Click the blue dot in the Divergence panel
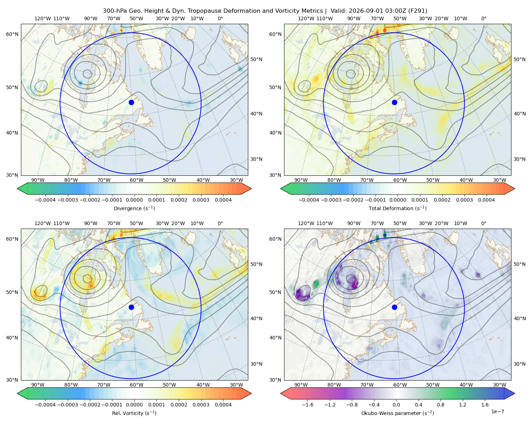click(x=131, y=102)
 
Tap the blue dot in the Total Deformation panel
click(x=394, y=102)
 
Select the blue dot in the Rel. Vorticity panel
click(x=131, y=307)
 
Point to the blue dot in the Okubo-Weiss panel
click(x=394, y=307)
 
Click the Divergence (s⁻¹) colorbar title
click(x=134, y=208)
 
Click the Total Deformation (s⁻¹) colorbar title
click(x=398, y=208)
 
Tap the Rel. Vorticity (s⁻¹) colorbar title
click(x=134, y=413)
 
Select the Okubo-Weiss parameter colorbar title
click(x=398, y=413)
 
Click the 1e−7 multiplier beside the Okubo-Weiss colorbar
click(x=497, y=411)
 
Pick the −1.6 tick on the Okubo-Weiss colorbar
click(x=307, y=404)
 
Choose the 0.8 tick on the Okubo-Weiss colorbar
click(x=440, y=404)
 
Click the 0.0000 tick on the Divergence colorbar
click(x=134, y=200)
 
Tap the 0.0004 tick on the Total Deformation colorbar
click(x=486, y=200)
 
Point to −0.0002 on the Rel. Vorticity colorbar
click(x=90, y=404)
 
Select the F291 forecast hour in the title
click(x=418, y=11)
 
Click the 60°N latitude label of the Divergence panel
click(x=12, y=34)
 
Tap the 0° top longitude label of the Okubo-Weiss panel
click(x=483, y=223)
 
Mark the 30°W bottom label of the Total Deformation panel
click(x=499, y=180)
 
